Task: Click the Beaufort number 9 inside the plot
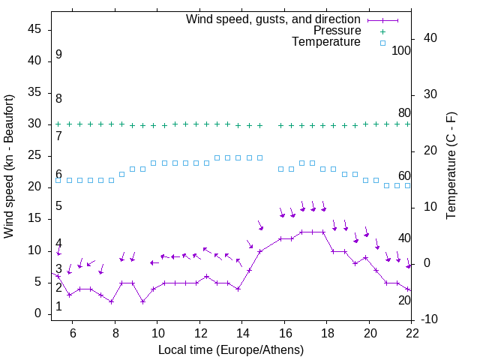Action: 58,55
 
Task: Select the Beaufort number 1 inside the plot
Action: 58,307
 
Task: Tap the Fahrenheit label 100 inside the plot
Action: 401,51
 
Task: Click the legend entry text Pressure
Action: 337,31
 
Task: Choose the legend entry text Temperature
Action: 326,43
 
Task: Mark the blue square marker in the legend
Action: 382,43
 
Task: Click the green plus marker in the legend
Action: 382,31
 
